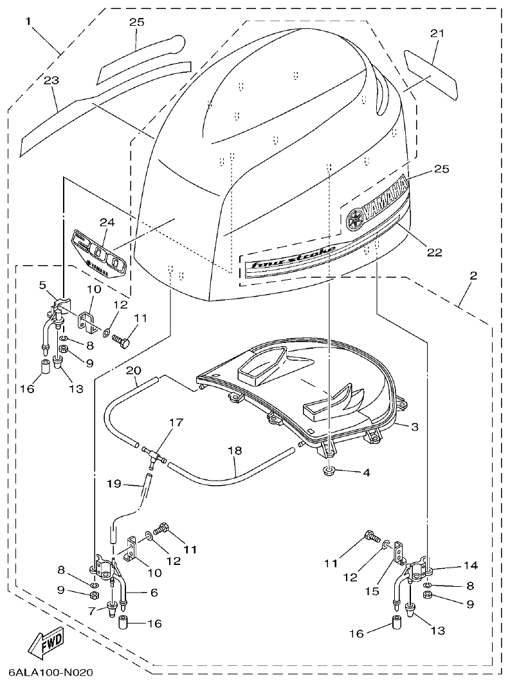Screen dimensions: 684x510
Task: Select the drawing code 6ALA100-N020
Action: [x=51, y=673]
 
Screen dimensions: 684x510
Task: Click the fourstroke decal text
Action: [x=293, y=259]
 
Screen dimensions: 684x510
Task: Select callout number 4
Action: [x=366, y=472]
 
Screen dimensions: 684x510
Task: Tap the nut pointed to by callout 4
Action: [x=329, y=472]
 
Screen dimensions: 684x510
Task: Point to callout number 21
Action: [x=437, y=32]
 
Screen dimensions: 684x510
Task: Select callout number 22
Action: [x=434, y=253]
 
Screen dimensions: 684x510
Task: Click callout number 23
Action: [x=51, y=80]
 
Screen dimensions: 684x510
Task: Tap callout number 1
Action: [x=28, y=21]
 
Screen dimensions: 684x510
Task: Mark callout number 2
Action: [x=473, y=276]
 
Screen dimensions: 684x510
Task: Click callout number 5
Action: [x=42, y=284]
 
